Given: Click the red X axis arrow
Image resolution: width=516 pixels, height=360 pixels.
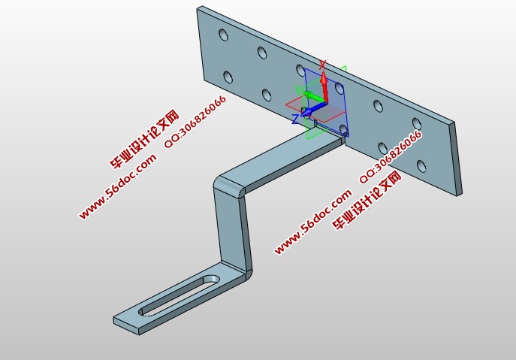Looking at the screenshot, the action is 324,87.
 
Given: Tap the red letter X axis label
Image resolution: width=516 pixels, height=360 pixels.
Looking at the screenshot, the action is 322,65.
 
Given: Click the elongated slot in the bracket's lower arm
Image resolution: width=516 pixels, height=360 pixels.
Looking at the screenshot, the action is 179,295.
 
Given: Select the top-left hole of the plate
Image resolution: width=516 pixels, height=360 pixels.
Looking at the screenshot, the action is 223,35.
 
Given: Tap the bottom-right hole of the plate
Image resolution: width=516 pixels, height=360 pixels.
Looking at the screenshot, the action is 421,165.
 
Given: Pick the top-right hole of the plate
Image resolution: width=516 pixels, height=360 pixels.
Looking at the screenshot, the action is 417,124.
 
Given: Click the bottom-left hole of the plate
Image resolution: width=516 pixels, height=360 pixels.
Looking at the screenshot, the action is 228,77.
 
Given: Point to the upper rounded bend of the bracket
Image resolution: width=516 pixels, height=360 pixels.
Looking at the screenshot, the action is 229,186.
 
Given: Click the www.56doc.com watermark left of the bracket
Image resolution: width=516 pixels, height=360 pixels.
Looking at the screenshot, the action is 118,186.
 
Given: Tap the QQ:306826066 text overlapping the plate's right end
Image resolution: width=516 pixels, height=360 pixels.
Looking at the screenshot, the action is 391,156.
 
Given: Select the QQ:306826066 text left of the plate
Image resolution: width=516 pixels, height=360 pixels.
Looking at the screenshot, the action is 195,121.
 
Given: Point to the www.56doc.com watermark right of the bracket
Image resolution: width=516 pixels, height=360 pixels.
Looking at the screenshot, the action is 313,222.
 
